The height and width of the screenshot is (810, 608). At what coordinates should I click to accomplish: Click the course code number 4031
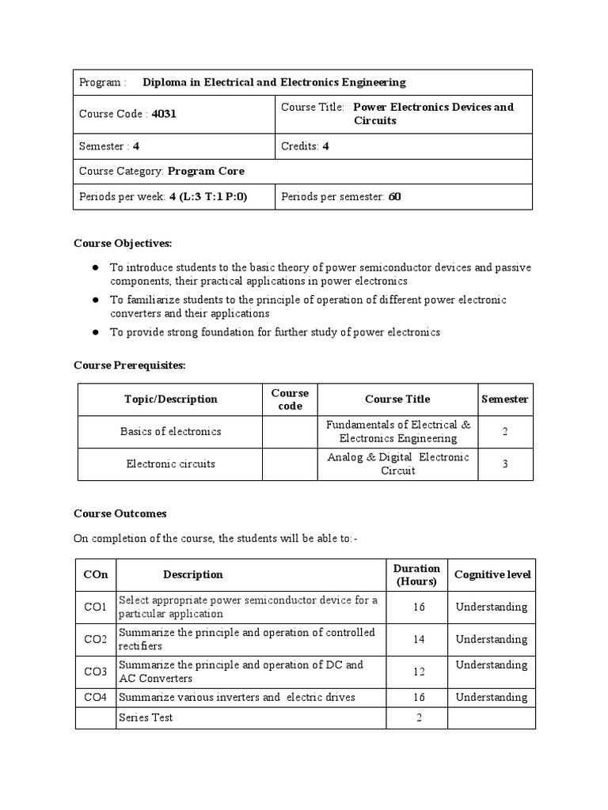tap(164, 114)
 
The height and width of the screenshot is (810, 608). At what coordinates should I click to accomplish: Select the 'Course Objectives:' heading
tap(123, 243)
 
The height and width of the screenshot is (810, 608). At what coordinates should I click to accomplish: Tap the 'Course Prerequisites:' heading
tap(129, 365)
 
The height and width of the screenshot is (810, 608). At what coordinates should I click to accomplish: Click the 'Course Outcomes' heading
tap(120, 513)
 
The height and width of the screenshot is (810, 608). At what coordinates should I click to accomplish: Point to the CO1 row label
tap(95, 607)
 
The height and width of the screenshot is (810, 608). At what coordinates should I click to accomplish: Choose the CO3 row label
tap(95, 672)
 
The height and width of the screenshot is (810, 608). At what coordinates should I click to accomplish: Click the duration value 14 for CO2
tap(419, 639)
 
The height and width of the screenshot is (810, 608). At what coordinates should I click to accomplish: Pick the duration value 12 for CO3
tap(419, 672)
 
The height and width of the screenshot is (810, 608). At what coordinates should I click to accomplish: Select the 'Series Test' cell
tap(146, 717)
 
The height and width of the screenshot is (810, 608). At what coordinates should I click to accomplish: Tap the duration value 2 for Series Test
tap(419, 717)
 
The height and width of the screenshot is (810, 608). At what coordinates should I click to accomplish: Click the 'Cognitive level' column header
tap(492, 575)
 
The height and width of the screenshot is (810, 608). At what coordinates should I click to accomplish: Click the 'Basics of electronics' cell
tap(170, 432)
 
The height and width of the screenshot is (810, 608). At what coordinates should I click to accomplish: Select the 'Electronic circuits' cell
tap(170, 464)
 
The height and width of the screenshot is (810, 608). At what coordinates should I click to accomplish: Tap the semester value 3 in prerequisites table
tap(505, 464)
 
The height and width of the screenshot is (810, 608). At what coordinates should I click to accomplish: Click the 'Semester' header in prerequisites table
tap(505, 399)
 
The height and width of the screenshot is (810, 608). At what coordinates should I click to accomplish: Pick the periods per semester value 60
tap(394, 196)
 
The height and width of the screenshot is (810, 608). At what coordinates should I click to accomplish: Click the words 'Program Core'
tap(206, 171)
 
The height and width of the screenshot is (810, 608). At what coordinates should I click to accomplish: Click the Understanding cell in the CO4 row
tap(491, 697)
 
